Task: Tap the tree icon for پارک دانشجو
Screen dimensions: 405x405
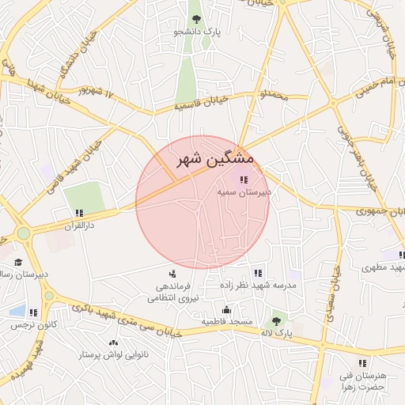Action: point(197,19)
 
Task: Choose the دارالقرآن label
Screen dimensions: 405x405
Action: point(79,225)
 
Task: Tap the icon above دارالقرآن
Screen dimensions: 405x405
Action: point(79,214)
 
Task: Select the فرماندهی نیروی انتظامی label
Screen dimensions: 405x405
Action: point(173,292)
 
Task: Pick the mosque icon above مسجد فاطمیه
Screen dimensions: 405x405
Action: point(227,310)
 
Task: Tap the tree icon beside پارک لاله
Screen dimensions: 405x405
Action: point(276,320)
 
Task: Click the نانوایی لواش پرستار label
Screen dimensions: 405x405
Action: point(112,355)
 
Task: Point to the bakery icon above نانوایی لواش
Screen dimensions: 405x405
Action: point(112,343)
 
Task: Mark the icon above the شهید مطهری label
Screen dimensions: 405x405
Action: point(401,255)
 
